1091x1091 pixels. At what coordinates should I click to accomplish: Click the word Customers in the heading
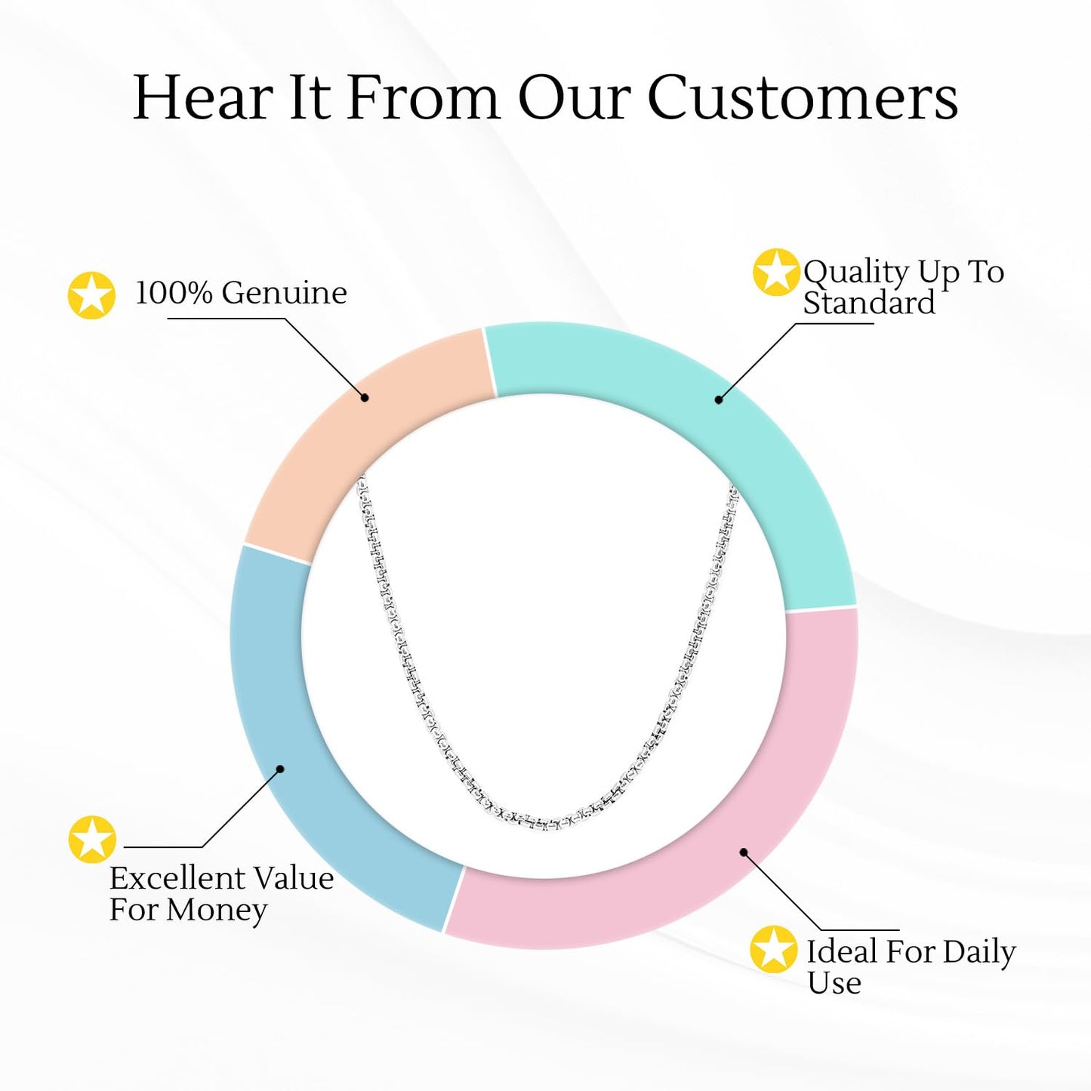(803, 98)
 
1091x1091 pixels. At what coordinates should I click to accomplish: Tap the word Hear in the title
(202, 98)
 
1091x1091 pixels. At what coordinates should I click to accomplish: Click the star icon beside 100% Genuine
(91, 295)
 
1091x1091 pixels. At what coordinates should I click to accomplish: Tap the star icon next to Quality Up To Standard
(776, 272)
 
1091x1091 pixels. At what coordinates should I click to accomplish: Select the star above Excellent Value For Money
(92, 839)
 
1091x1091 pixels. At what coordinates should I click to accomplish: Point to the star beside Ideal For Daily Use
(774, 949)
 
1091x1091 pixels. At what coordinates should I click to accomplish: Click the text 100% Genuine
(241, 293)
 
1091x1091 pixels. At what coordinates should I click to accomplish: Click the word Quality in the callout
(855, 272)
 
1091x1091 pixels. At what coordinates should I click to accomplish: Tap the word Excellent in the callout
(165, 879)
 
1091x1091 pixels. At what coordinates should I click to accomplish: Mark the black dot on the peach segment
(365, 397)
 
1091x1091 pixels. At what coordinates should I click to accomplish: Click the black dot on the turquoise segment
(719, 399)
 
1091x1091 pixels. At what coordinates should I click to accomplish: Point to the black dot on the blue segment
(280, 769)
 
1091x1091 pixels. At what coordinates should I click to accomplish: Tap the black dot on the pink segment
(744, 852)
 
